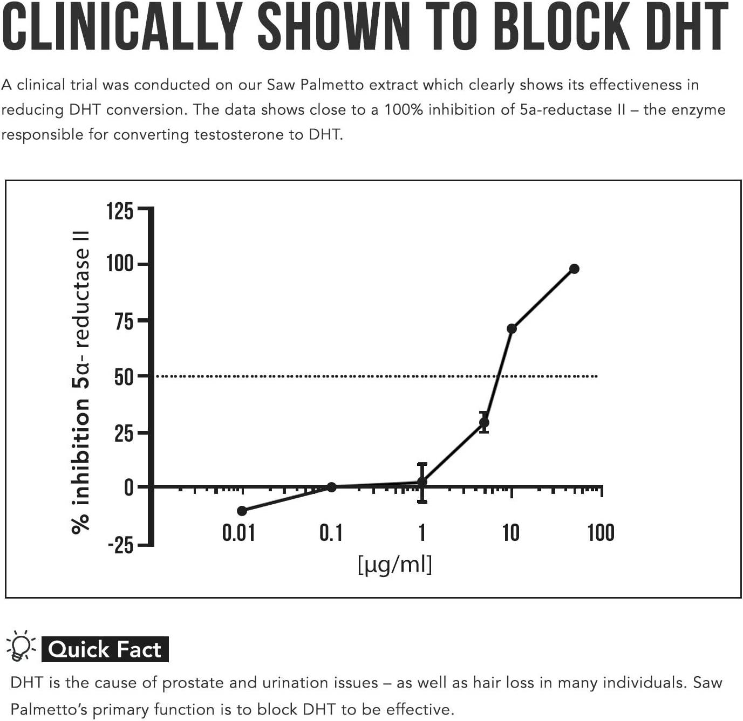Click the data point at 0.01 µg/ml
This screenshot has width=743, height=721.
tap(242, 511)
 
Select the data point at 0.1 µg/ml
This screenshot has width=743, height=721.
tap(332, 487)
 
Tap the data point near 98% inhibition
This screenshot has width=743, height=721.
tap(574, 269)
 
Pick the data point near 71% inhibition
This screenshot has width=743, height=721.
tap(512, 328)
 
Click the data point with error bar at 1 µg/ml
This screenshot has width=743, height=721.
tap(422, 482)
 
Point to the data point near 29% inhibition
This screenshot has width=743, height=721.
tap(484, 422)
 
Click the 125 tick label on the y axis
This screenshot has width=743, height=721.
tap(119, 211)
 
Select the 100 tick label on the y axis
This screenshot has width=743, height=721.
tap(119, 264)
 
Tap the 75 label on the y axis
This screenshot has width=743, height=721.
tap(124, 321)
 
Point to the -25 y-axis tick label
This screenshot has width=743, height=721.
tap(120, 545)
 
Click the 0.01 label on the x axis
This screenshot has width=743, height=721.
tap(238, 533)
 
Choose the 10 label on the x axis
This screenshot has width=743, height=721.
tap(510, 533)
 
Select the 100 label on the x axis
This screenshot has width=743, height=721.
tap(601, 533)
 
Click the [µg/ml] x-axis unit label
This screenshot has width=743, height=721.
tap(395, 565)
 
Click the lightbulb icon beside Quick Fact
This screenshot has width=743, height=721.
tap(20, 646)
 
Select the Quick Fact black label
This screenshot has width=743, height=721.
tap(105, 649)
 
